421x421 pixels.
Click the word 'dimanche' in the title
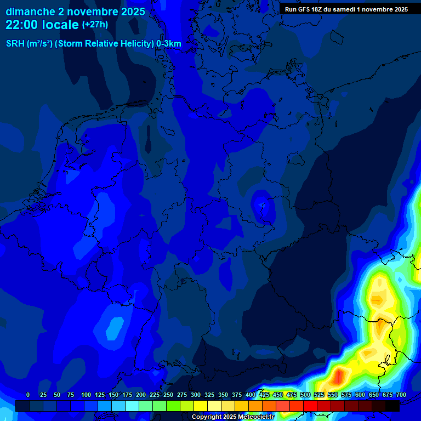tap(29, 12)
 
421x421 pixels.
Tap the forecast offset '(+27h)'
tap(95, 25)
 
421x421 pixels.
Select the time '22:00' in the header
tap(24, 25)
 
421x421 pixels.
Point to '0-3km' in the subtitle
tap(169, 44)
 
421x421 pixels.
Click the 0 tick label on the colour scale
tap(28, 395)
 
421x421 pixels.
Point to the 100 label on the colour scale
tap(86, 395)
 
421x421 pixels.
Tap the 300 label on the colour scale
tap(196, 395)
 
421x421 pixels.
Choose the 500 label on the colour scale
tap(305, 395)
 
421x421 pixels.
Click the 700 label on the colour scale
tap(401, 395)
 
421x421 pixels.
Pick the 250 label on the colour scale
tap(168, 395)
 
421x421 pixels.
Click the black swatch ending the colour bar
tap(392, 406)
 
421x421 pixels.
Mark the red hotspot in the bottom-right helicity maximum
tap(339, 376)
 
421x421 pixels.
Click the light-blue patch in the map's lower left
tap(115, 328)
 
